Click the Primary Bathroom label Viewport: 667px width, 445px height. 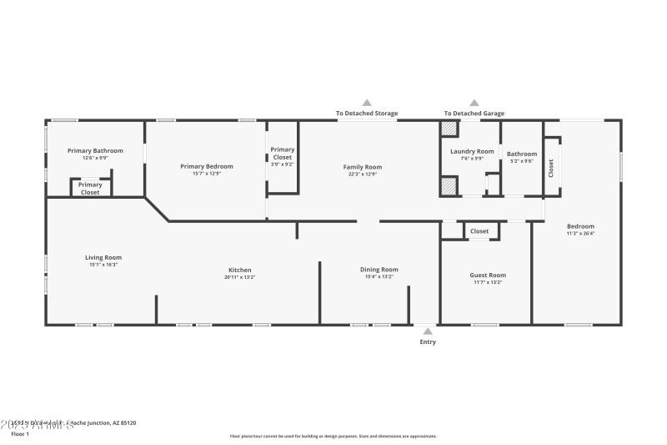pyautogui.click(x=95, y=150)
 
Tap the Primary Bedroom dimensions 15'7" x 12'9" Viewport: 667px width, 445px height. pyautogui.click(x=207, y=173)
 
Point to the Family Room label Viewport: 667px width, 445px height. pyautogui.click(x=363, y=167)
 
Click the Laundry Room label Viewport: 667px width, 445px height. pyautogui.click(x=472, y=151)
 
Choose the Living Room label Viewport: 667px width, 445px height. pyautogui.click(x=103, y=257)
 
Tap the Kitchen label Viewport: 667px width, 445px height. pyautogui.click(x=240, y=270)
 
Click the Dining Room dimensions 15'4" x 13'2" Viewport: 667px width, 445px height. pyautogui.click(x=379, y=276)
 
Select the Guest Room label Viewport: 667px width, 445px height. pyautogui.click(x=488, y=275)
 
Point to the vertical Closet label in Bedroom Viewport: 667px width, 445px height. pyautogui.click(x=551, y=168)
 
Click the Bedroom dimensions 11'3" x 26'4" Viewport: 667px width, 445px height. pyautogui.click(x=580, y=233)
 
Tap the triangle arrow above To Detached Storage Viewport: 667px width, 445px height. pyautogui.click(x=367, y=103)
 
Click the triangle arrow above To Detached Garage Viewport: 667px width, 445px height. pyautogui.click(x=474, y=103)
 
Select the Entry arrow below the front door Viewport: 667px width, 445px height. pyautogui.click(x=427, y=331)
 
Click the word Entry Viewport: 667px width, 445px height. pyautogui.click(x=427, y=341)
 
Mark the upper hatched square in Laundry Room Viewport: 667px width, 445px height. pyautogui.click(x=449, y=129)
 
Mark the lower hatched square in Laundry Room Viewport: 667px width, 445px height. pyautogui.click(x=449, y=186)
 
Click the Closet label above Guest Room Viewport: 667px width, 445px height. pyautogui.click(x=479, y=231)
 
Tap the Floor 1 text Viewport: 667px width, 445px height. pyautogui.click(x=19, y=434)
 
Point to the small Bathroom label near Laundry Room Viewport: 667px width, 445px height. pyautogui.click(x=522, y=154)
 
